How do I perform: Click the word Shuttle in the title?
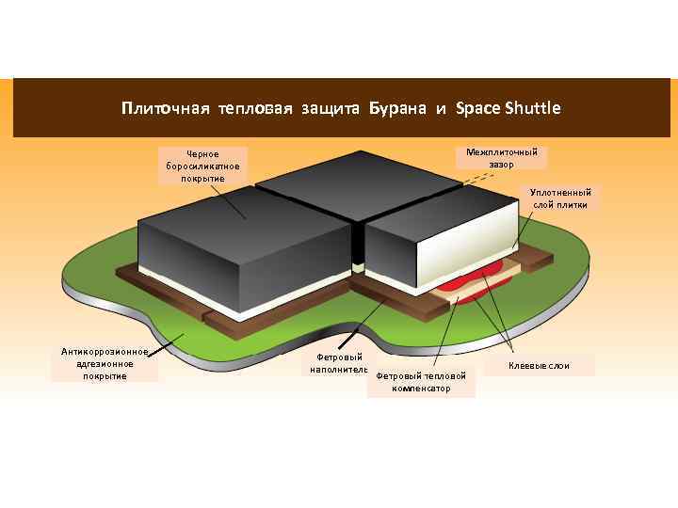(x=532, y=108)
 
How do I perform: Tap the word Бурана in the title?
(x=398, y=108)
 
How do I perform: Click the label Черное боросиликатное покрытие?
(x=202, y=166)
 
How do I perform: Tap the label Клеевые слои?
(x=539, y=365)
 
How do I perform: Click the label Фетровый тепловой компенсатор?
(x=421, y=381)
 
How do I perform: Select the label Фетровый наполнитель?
(x=334, y=363)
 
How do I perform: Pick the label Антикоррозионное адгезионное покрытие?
(x=105, y=364)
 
